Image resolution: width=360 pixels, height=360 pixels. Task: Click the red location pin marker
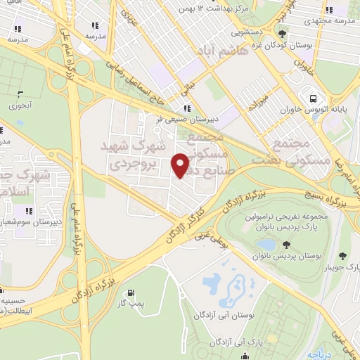(181, 165)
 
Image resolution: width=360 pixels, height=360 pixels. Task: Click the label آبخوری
(18, 106)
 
